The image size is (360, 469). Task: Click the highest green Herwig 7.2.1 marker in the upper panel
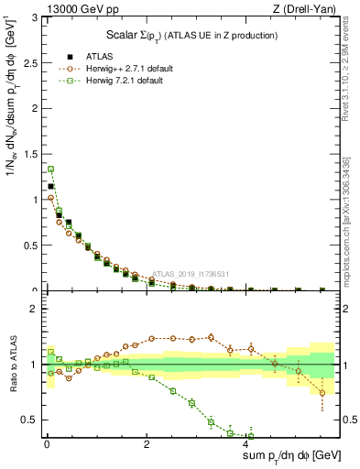[51, 169]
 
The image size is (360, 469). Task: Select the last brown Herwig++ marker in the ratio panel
[322, 393]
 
